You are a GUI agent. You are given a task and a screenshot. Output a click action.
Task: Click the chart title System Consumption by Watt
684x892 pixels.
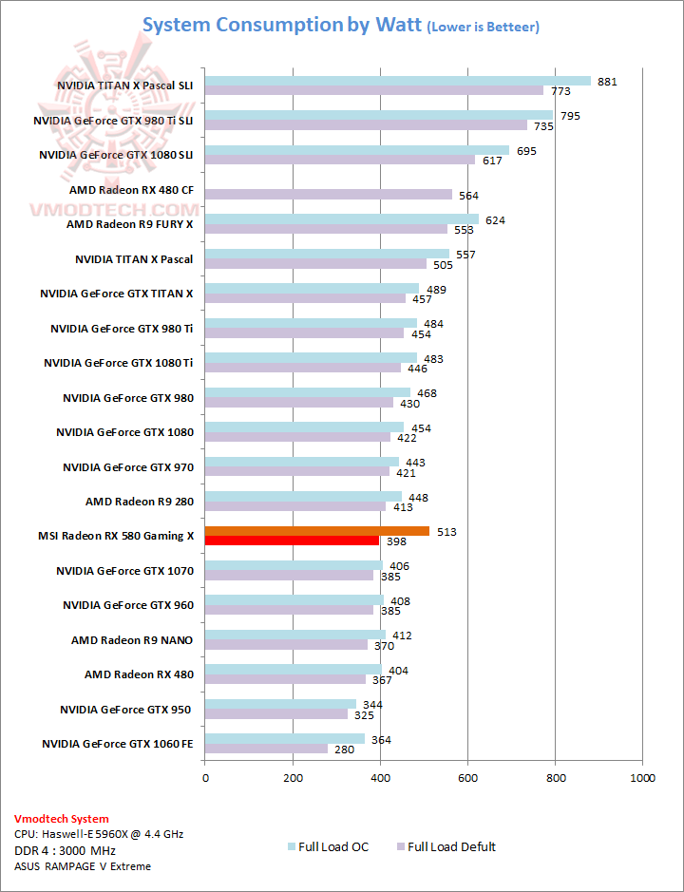pos(281,26)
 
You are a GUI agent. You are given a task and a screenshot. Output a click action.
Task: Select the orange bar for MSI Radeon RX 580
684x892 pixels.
pos(316,531)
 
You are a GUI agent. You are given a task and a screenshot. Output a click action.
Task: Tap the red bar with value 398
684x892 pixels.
pos(292,541)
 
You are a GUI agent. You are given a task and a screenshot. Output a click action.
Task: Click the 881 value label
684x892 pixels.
pos(607,82)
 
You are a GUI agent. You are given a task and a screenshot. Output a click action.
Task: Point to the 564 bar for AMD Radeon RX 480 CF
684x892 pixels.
pos(329,195)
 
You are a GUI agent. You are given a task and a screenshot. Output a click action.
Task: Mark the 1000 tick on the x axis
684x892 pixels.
pos(642,778)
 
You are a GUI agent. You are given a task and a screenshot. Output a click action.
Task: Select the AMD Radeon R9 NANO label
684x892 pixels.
pos(132,639)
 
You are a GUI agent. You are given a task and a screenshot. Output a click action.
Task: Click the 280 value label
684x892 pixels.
pos(344,750)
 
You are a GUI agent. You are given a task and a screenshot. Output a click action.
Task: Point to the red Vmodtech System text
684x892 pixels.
pos(62,818)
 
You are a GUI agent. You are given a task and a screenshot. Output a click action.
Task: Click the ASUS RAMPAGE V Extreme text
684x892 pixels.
pos(83,865)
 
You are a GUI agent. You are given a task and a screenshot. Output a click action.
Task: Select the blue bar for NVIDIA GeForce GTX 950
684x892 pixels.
pos(280,704)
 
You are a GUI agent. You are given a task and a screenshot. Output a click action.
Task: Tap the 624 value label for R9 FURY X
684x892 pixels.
pos(495,220)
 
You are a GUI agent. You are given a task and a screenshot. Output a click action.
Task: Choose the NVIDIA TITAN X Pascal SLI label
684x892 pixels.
pos(124,86)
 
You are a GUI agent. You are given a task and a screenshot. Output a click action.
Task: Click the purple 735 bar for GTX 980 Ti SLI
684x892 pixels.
pos(366,125)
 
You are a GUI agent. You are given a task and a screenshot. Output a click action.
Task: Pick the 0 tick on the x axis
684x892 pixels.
pos(205,778)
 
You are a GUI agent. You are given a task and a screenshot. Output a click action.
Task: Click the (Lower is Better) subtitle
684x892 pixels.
pos(484,28)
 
